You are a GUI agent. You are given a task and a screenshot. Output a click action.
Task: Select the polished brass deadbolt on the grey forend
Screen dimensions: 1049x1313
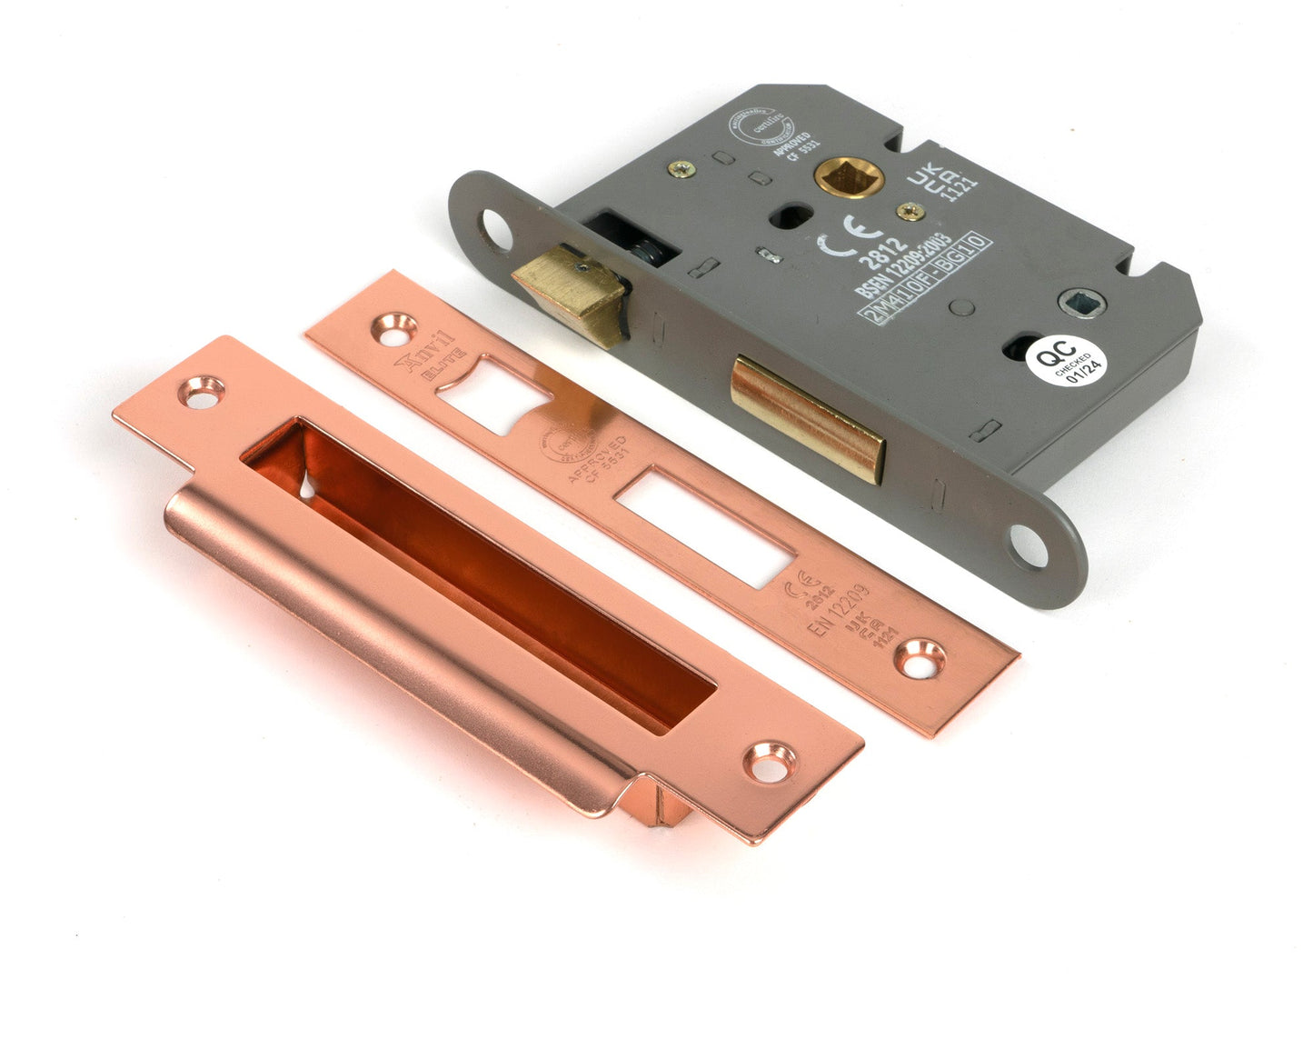pos(807,416)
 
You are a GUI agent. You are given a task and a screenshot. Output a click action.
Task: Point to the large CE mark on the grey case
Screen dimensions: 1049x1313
pos(841,234)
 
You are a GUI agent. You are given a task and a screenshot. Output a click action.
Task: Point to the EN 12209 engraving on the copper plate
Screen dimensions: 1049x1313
pos(839,611)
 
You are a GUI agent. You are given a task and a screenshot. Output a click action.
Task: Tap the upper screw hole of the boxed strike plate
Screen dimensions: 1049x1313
pos(204,390)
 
